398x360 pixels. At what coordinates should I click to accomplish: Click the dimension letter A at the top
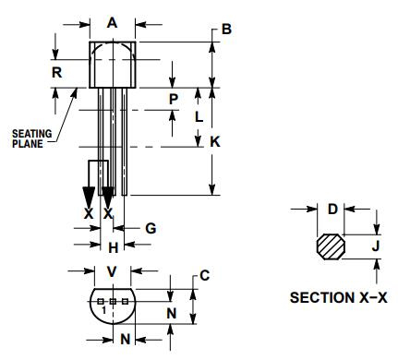pyautogui.click(x=112, y=22)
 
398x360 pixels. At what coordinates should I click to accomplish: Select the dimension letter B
pyautogui.click(x=226, y=30)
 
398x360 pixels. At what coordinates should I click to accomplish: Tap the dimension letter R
pyautogui.click(x=57, y=71)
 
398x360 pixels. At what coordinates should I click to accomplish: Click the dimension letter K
pyautogui.click(x=214, y=142)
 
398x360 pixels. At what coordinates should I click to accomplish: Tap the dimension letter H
pyautogui.click(x=112, y=247)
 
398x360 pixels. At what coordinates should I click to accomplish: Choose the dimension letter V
pyautogui.click(x=112, y=272)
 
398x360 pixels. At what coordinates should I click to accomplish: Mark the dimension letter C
pyautogui.click(x=204, y=275)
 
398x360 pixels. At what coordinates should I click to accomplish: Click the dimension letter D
pyautogui.click(x=332, y=209)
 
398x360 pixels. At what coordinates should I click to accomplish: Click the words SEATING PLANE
pyautogui.click(x=31, y=139)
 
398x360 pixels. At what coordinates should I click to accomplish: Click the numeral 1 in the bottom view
pyautogui.click(x=105, y=309)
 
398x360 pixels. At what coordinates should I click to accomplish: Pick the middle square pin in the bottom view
pyautogui.click(x=112, y=302)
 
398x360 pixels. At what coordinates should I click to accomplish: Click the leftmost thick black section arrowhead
pyautogui.click(x=89, y=196)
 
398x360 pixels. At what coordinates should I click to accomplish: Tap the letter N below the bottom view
pyautogui.click(x=124, y=340)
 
